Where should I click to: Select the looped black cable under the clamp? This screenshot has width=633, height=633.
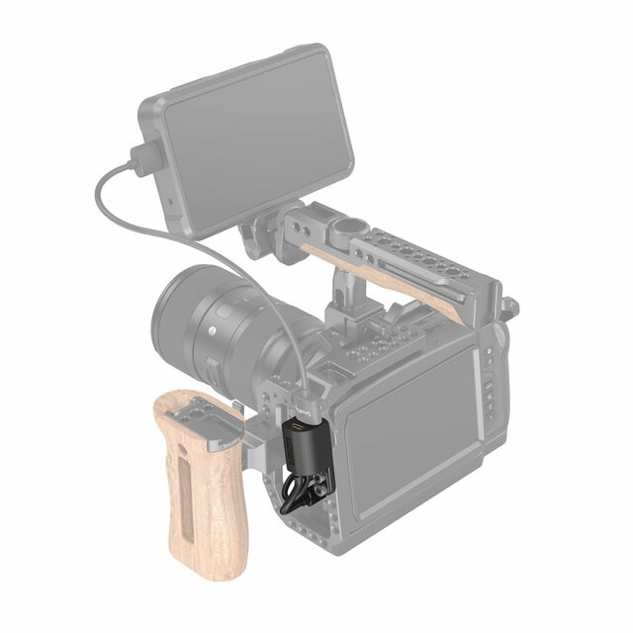[297, 490]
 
